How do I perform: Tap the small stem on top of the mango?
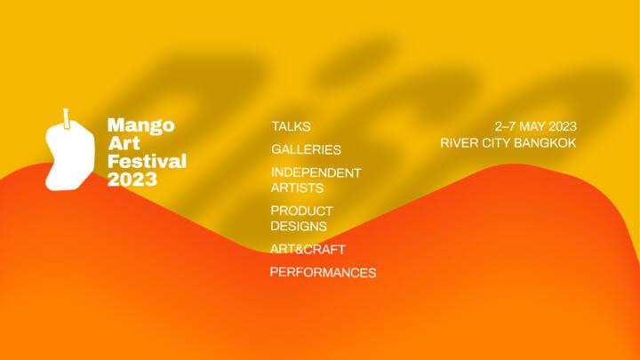(66, 119)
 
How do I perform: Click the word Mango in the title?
(140, 125)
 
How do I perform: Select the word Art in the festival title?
(124, 143)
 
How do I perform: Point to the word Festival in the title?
(147, 161)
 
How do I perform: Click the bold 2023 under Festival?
(132, 180)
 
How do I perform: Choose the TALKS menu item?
(291, 126)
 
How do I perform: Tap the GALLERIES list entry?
(306, 150)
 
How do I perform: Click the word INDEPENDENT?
(316, 172)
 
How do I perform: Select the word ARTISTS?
(297, 188)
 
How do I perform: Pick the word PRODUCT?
(301, 211)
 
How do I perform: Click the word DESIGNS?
(299, 226)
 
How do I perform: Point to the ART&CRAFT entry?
(308, 249)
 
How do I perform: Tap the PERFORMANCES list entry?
(323, 272)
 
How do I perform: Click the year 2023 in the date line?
(563, 126)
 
